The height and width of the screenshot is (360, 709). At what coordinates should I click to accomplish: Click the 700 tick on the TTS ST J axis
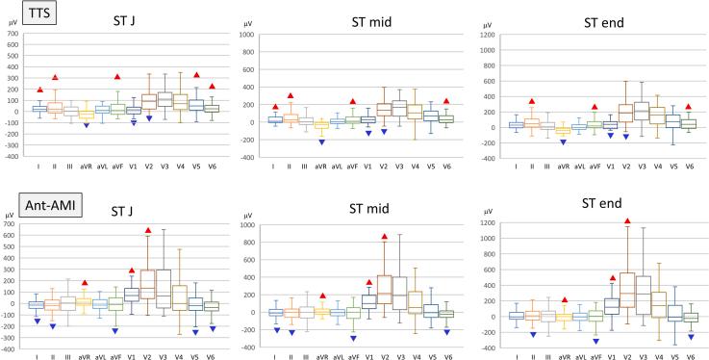coord(13,34)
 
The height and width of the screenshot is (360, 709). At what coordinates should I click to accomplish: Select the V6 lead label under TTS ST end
coord(688,167)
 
